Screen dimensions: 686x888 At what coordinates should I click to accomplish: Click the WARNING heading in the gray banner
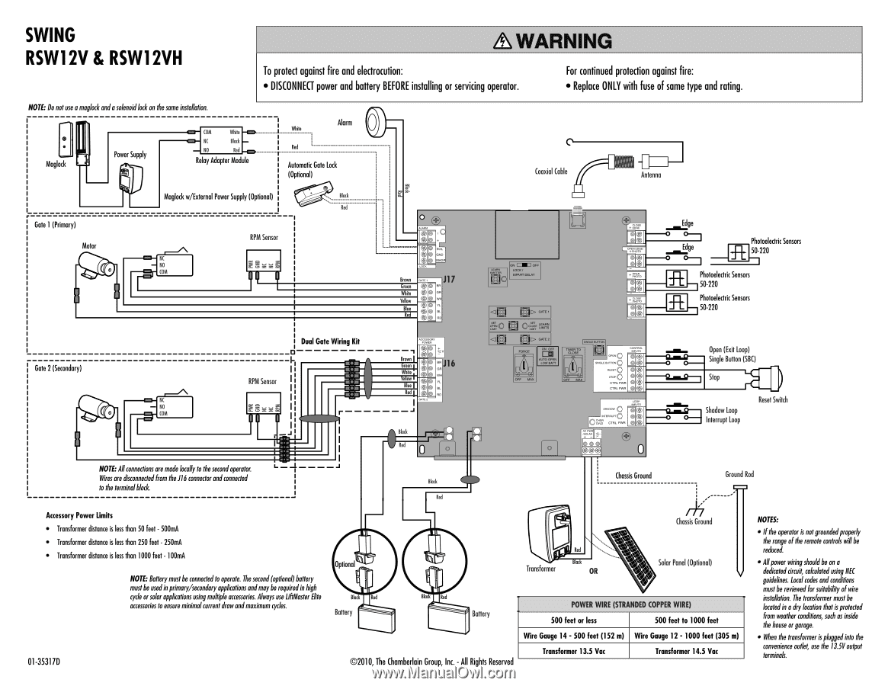[x=553, y=40]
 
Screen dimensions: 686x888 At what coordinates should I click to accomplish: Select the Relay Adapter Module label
[x=222, y=161]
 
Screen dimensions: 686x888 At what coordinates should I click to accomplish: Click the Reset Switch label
[x=773, y=400]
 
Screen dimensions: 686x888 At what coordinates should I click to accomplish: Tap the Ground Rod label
[x=739, y=474]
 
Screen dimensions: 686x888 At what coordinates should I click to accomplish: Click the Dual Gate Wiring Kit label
[x=330, y=341]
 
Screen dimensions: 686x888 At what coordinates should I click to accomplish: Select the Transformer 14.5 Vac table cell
[x=686, y=652]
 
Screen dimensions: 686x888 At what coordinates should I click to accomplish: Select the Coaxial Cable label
[x=551, y=171]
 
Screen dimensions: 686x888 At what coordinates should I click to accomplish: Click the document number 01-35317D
[x=43, y=661]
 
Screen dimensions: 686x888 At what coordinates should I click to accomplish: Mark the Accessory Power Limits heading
[x=79, y=514]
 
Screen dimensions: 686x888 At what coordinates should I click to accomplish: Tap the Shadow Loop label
[x=721, y=410]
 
